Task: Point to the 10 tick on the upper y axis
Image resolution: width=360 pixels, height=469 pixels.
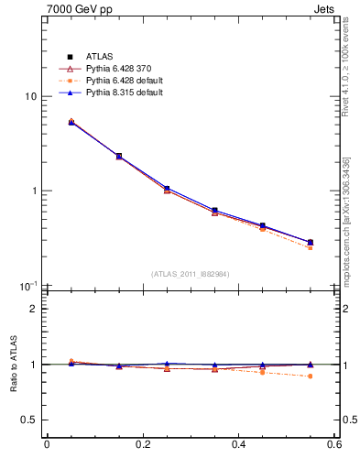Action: (x=30, y=96)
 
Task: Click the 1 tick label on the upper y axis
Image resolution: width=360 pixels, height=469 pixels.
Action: (x=33, y=191)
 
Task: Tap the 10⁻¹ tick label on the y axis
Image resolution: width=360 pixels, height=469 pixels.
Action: (x=28, y=286)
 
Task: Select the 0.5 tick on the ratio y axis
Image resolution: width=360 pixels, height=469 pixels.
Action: (x=28, y=420)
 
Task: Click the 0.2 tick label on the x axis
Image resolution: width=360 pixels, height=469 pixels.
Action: (x=142, y=446)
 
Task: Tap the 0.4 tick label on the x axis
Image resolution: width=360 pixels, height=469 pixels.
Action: (x=238, y=446)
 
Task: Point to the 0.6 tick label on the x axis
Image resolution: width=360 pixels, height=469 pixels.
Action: (x=333, y=446)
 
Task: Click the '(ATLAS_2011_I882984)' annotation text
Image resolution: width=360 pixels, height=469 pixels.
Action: (x=191, y=274)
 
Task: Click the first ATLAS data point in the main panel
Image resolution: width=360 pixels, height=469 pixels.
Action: (x=71, y=122)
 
